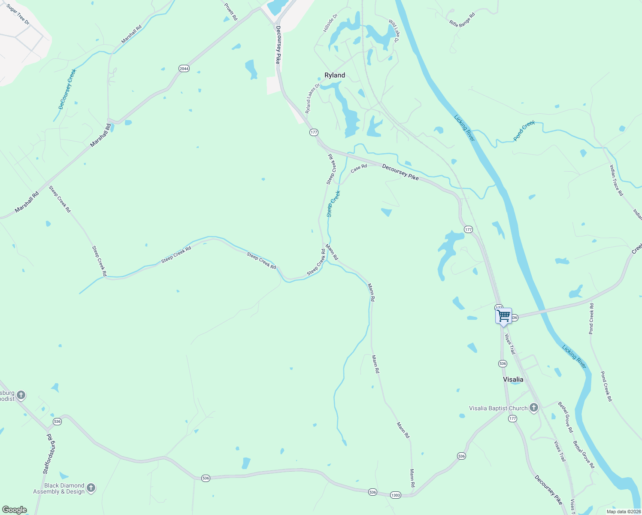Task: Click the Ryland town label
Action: click(x=334, y=75)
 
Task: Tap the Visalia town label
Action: click(x=513, y=379)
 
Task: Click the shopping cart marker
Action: click(x=503, y=316)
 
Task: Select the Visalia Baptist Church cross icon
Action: click(x=533, y=408)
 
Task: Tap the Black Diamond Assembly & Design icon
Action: click(x=91, y=488)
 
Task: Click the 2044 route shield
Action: click(x=184, y=69)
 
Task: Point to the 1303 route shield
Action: click(x=395, y=495)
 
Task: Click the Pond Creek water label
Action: click(x=524, y=131)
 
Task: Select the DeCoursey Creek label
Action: click(x=67, y=89)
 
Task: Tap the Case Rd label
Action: click(x=359, y=169)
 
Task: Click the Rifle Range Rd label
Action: click(x=462, y=20)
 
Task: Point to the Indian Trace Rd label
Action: click(x=617, y=180)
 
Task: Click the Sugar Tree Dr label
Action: click(x=18, y=14)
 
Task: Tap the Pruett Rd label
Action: click(x=231, y=12)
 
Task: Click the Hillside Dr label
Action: click(x=330, y=23)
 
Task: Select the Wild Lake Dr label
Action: click(x=394, y=30)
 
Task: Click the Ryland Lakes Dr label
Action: click(x=313, y=99)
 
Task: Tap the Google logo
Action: click(x=14, y=510)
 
